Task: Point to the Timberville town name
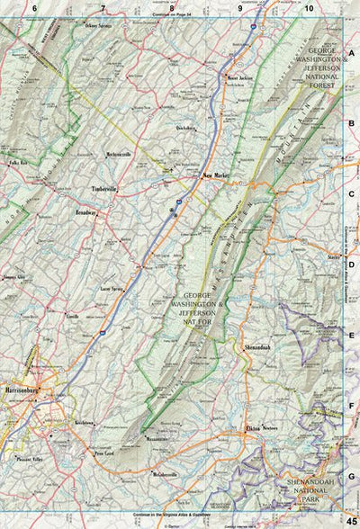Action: (106, 189)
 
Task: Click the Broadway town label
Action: (85, 213)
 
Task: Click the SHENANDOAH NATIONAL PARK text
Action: (322, 495)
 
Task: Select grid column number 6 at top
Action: (34, 8)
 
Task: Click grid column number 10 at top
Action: (309, 8)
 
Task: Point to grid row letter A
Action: (351, 53)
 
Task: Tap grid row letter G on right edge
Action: (351, 475)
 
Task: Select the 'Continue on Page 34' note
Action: (174, 15)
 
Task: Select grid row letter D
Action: (351, 264)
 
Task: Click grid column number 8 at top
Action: (172, 8)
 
